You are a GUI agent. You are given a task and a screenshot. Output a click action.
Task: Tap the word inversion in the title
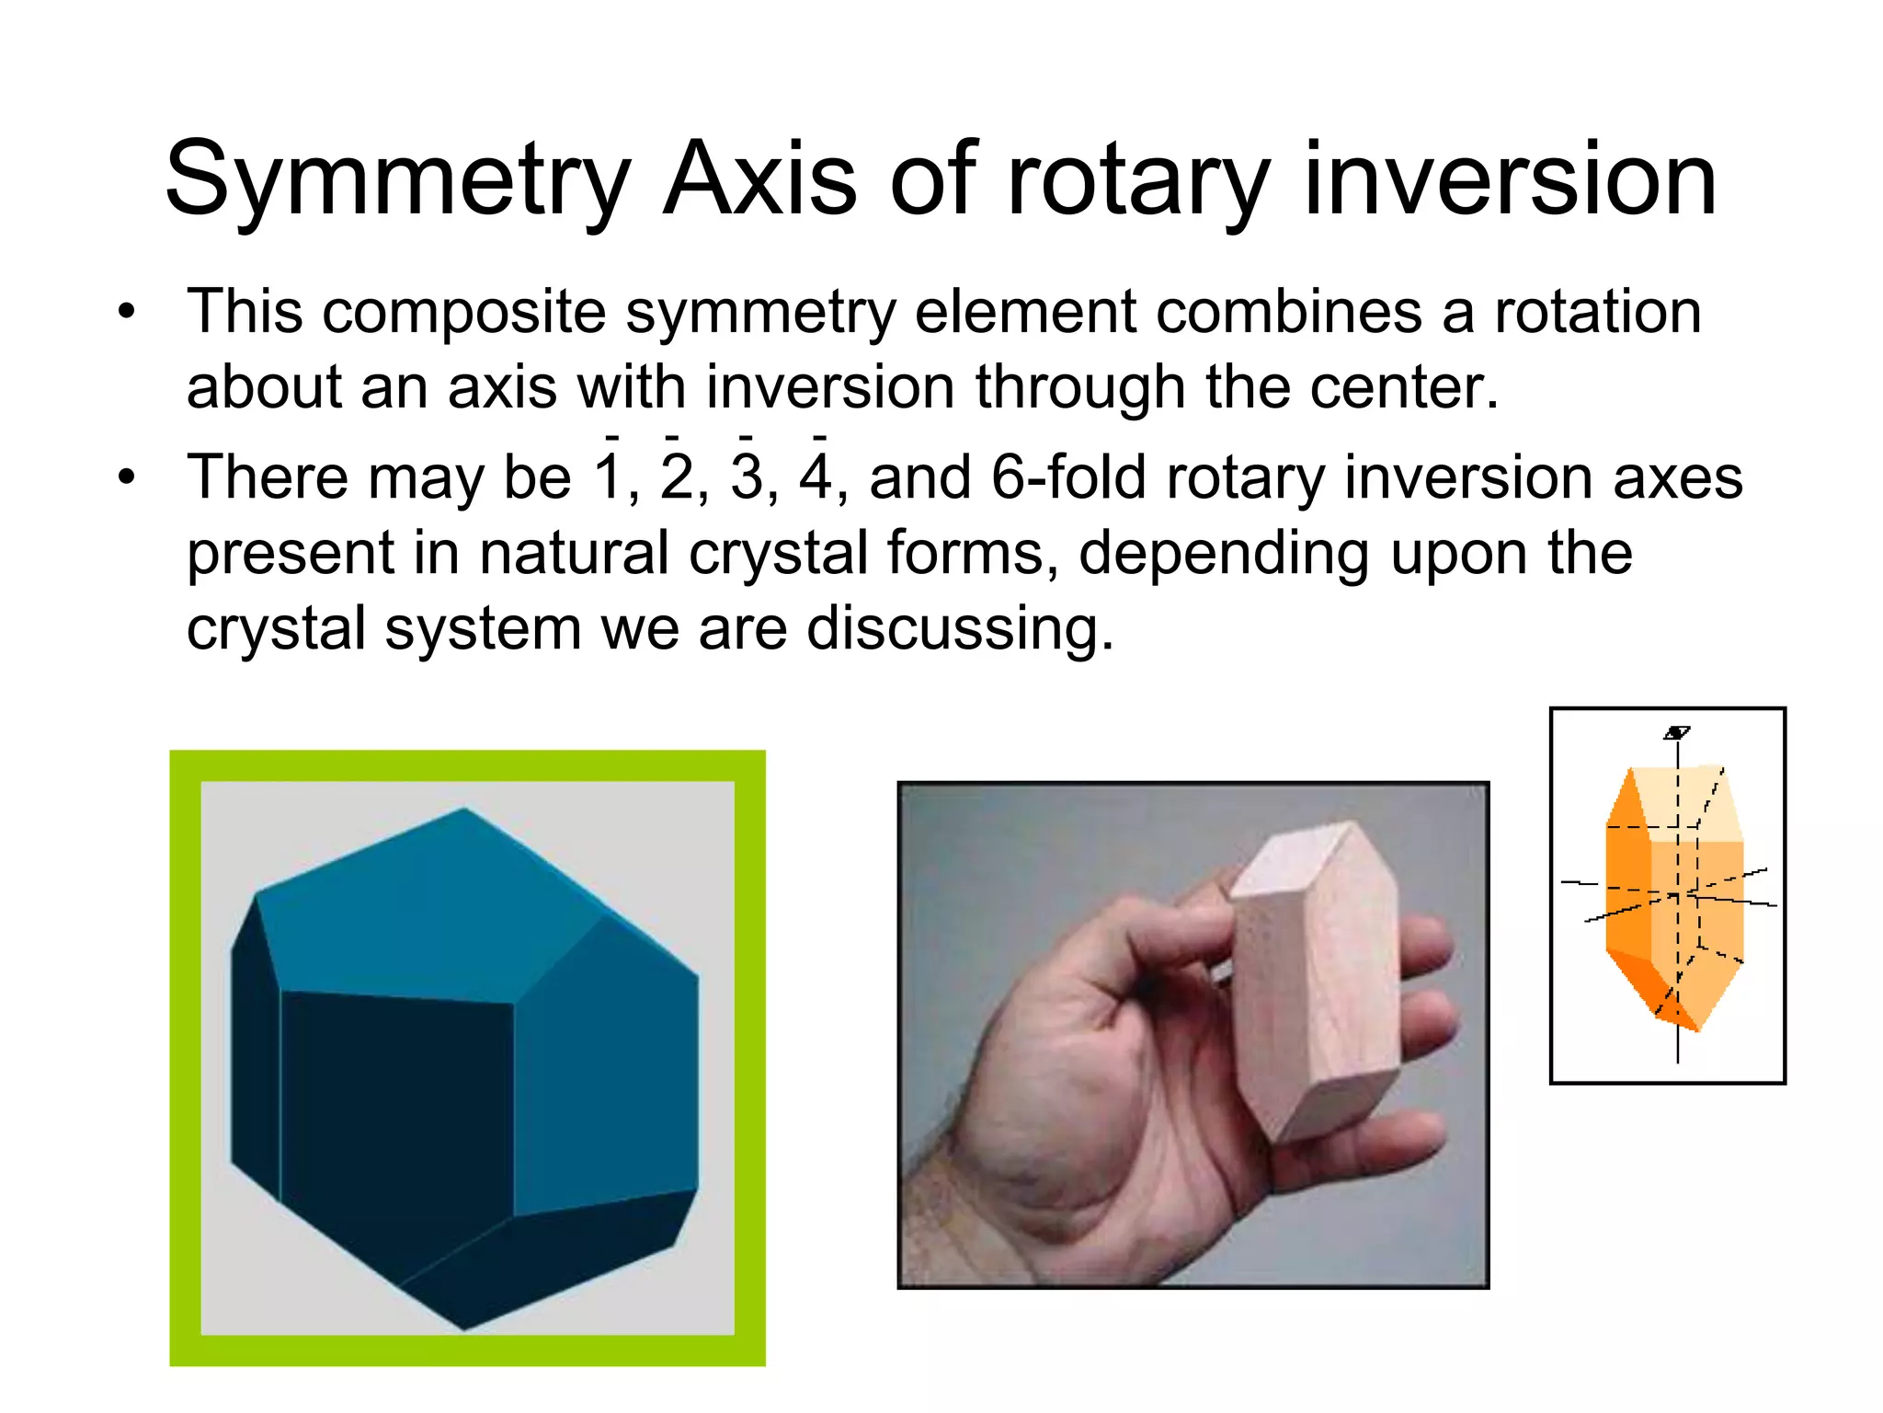(x=1509, y=179)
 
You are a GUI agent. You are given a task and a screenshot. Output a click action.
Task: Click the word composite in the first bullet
(x=463, y=312)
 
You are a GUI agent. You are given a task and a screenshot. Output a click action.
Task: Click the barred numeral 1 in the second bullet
(x=610, y=477)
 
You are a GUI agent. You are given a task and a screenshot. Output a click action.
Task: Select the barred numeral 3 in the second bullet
(x=747, y=477)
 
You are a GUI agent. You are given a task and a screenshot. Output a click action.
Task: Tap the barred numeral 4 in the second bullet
(x=816, y=477)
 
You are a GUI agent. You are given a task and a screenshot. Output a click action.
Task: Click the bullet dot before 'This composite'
(x=126, y=312)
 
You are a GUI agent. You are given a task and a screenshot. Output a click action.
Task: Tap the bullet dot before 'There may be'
(x=126, y=477)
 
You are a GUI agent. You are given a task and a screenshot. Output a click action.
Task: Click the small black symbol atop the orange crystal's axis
(x=1677, y=733)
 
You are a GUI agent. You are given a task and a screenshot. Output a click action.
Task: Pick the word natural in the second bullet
(x=575, y=553)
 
